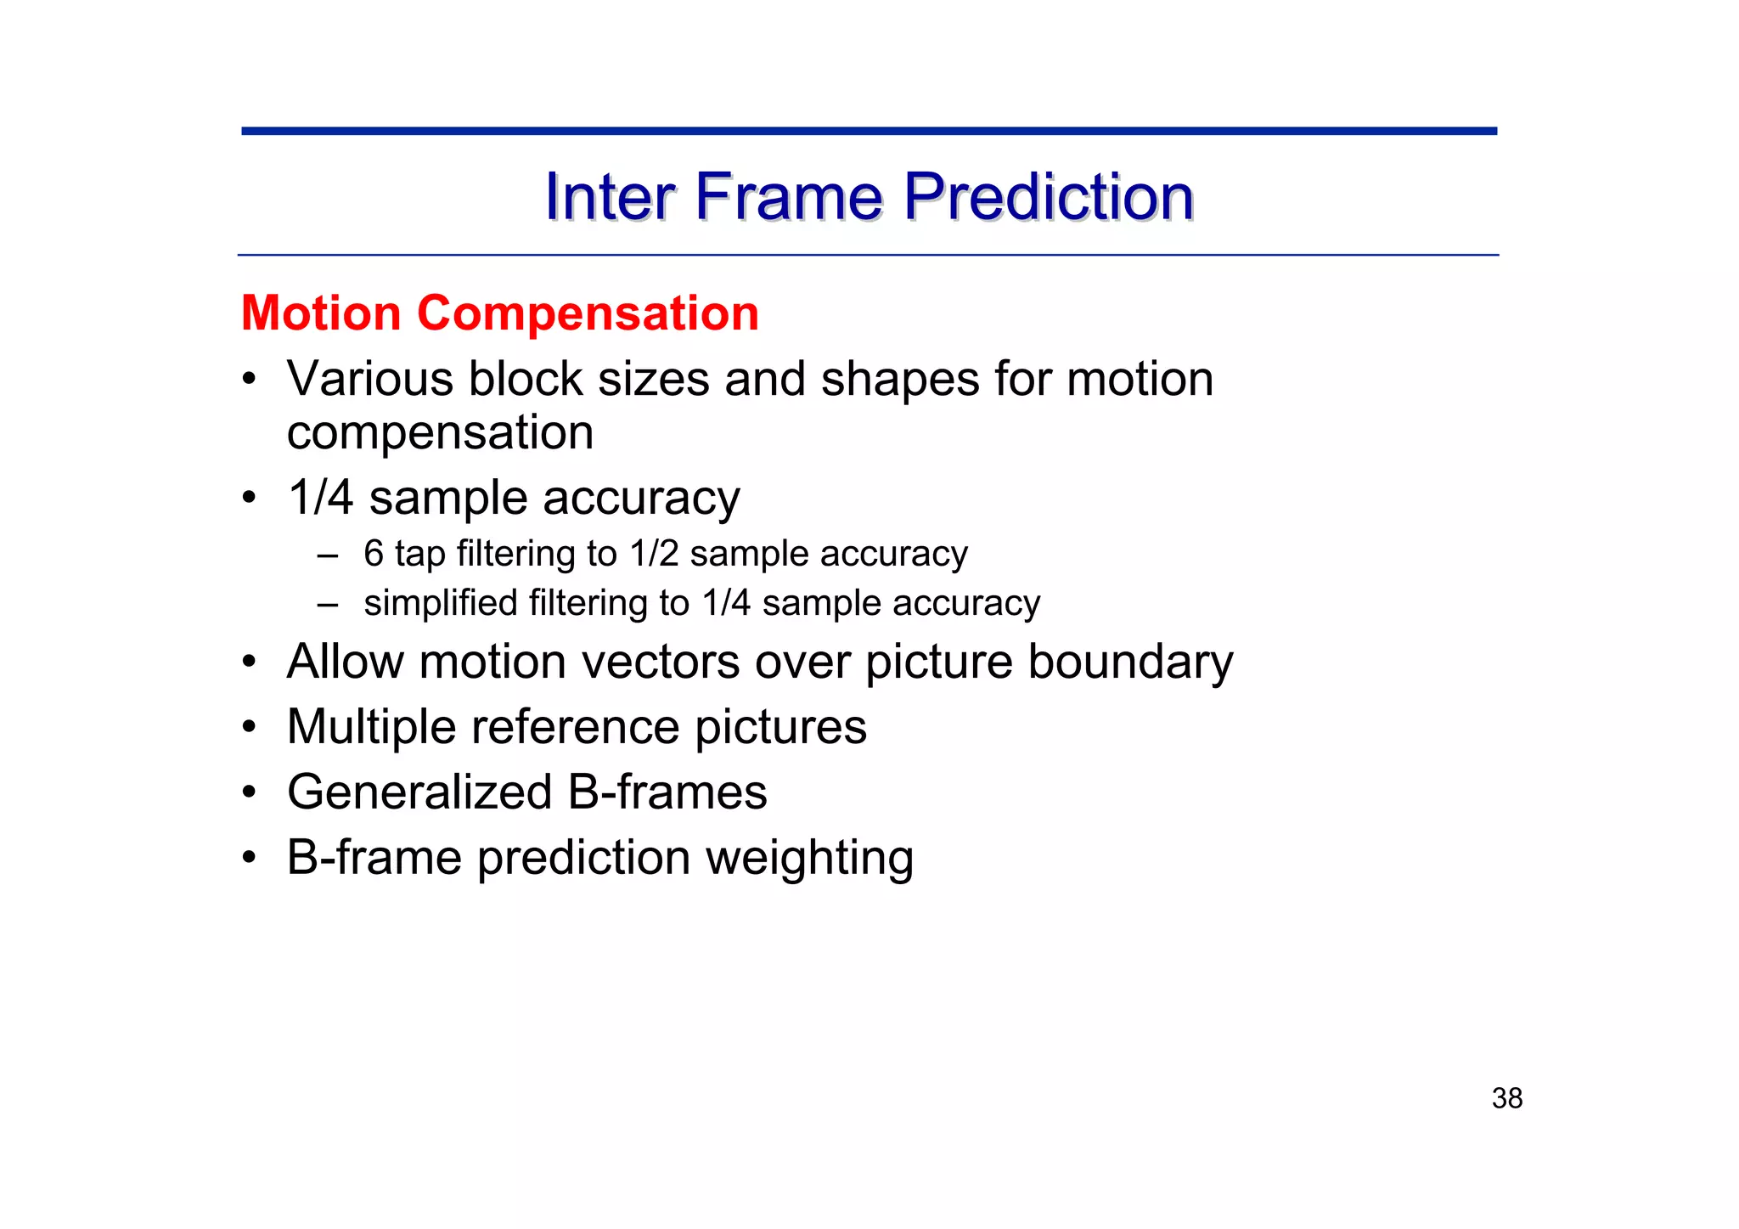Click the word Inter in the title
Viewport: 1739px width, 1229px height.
(x=610, y=197)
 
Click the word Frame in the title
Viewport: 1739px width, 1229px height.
(x=789, y=197)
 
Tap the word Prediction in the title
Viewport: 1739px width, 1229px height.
(x=1048, y=197)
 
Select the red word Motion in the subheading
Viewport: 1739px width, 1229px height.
(x=321, y=313)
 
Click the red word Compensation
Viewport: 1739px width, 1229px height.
(x=588, y=313)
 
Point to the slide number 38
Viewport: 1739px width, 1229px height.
(x=1506, y=1098)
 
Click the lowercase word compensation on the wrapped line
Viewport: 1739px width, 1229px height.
(x=440, y=434)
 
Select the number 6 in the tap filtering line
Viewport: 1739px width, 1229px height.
(x=373, y=554)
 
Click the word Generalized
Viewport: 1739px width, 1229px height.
(x=419, y=793)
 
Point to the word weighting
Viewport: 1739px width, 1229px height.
(x=810, y=859)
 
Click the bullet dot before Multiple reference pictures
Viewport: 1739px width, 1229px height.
(x=248, y=728)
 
